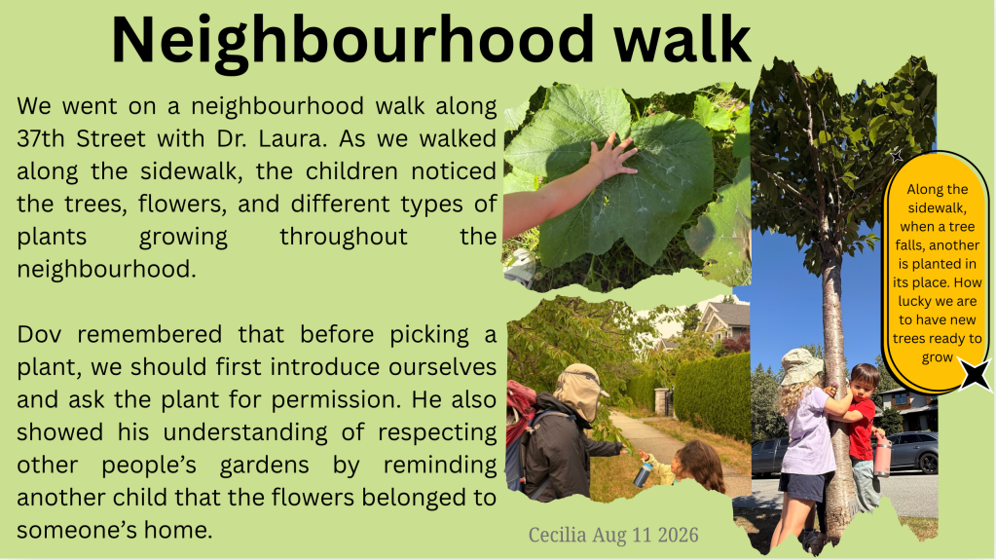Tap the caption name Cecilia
[557, 535]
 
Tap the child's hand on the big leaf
[611, 157]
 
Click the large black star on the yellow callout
[975, 374]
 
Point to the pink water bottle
[882, 455]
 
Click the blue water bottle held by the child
[643, 473]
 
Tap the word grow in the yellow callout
[938, 357]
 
